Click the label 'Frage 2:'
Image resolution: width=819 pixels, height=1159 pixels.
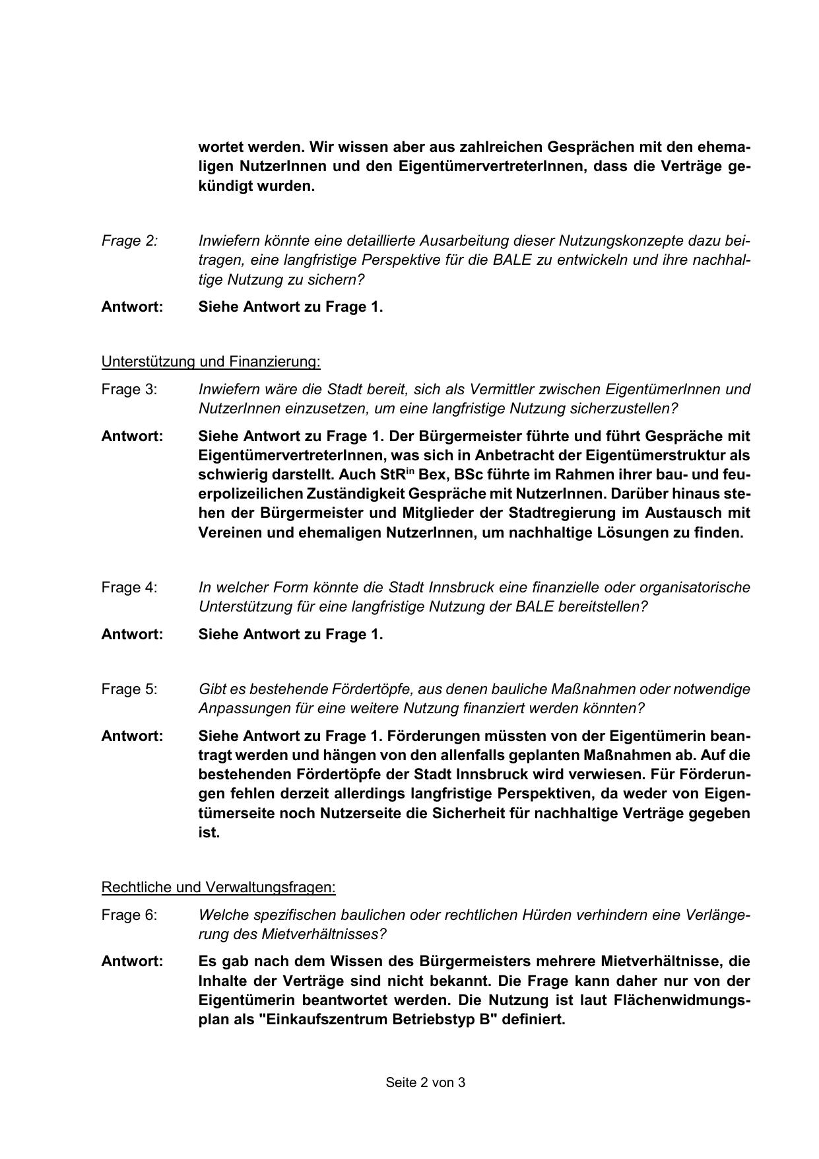click(129, 241)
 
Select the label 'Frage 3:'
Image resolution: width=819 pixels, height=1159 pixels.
click(129, 389)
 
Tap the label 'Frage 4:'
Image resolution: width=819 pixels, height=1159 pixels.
click(129, 587)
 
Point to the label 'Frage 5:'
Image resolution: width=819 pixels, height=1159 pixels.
click(129, 689)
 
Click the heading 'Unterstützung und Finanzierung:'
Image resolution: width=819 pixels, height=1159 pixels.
click(211, 361)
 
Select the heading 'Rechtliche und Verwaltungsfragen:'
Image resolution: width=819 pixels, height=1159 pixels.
click(218, 887)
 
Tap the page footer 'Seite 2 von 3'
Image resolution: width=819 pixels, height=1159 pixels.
click(426, 1082)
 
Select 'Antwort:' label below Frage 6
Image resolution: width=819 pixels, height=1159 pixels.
click(132, 962)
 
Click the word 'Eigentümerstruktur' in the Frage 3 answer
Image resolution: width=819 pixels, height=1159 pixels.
click(660, 456)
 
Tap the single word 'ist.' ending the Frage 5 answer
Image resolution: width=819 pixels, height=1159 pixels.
click(209, 832)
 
